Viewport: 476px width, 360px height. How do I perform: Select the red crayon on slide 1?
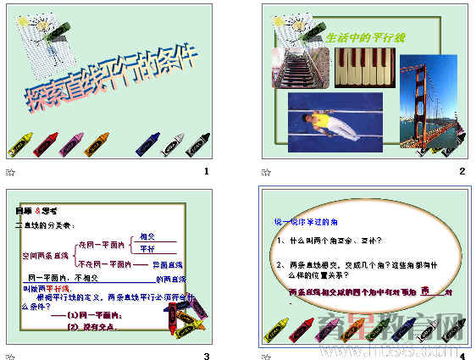[46, 143]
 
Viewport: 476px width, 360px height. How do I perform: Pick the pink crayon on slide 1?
[75, 142]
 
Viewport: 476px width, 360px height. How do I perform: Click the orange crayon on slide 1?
[99, 142]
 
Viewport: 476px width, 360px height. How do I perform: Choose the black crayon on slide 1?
[199, 142]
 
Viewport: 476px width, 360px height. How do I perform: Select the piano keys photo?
[364, 67]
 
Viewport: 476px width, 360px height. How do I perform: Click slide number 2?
[462, 172]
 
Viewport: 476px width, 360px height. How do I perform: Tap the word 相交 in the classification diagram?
[147, 236]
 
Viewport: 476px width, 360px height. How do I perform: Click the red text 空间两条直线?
[45, 254]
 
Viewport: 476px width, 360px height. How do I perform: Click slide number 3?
[206, 355]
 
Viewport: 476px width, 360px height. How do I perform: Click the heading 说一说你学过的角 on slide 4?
[303, 221]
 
